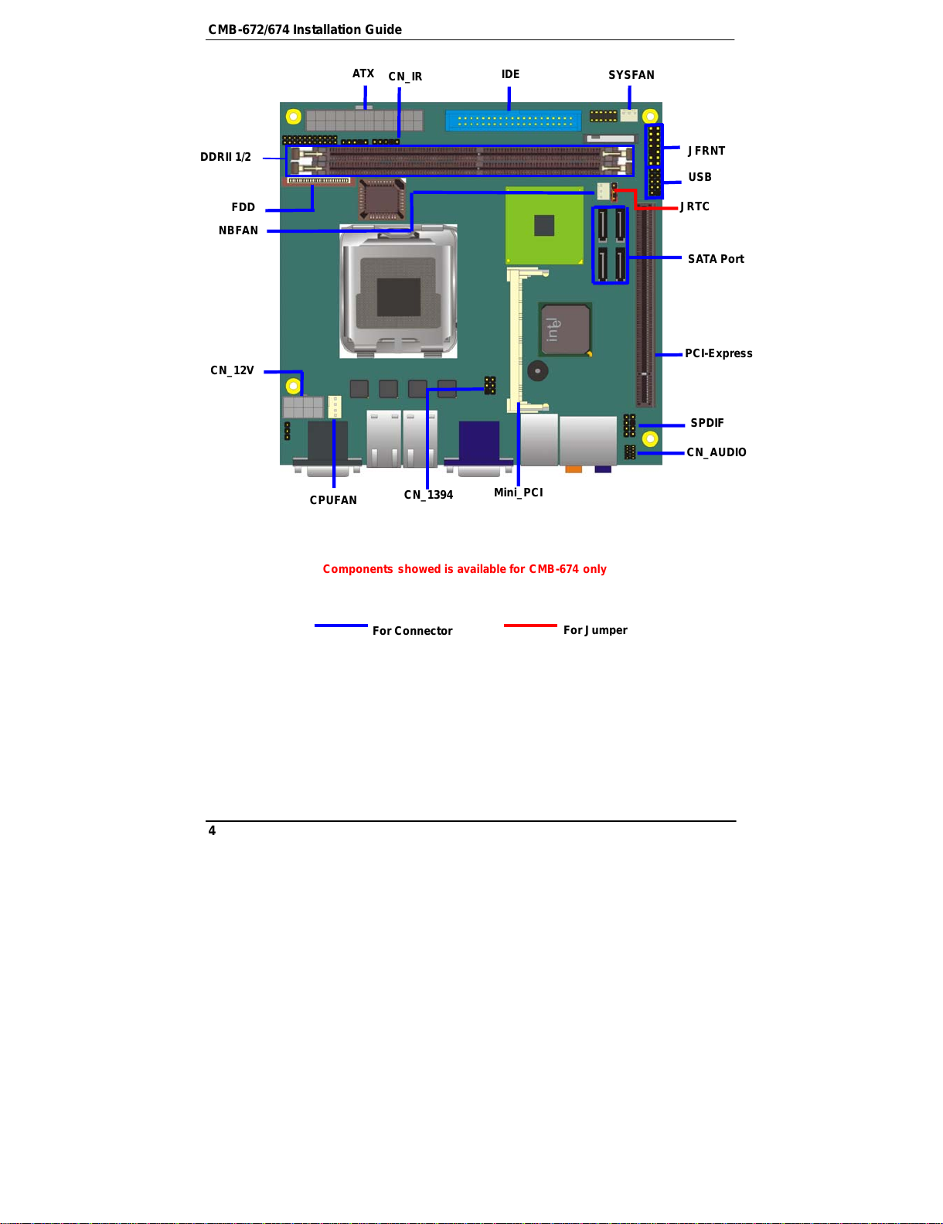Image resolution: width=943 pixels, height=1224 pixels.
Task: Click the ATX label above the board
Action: (363, 73)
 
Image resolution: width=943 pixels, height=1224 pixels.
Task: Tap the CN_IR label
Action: (405, 76)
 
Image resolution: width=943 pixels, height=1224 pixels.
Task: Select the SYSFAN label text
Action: (631, 75)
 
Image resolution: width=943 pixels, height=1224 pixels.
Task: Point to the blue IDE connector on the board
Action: (512, 121)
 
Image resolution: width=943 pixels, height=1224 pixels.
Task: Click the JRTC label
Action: (694, 206)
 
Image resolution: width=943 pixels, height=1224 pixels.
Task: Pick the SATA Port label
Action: (715, 258)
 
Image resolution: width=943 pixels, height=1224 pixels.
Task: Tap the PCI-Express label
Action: (718, 353)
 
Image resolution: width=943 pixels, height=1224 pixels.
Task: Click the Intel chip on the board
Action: (565, 329)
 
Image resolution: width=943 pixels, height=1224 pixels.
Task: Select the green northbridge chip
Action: (544, 225)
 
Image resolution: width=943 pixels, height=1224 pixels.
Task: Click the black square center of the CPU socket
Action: (398, 296)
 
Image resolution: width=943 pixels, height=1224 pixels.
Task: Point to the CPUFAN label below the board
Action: (332, 499)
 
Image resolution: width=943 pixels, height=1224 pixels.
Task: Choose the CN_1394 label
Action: (428, 495)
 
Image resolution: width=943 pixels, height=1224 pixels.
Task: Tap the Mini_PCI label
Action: (518, 493)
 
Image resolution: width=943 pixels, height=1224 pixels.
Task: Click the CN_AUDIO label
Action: (716, 452)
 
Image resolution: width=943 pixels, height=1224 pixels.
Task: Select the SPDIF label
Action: (706, 422)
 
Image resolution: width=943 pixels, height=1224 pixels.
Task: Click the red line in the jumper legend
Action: (529, 626)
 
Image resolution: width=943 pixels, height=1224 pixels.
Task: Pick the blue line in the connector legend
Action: (341, 626)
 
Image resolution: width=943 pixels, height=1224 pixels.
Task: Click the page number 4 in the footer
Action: (212, 830)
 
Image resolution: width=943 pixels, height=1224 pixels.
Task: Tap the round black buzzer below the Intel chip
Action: (537, 371)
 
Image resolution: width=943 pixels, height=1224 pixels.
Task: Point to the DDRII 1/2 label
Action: (225, 157)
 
